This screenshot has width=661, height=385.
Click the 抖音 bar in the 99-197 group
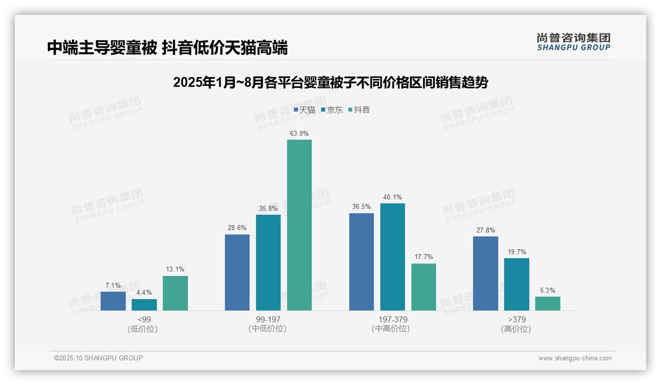click(299, 225)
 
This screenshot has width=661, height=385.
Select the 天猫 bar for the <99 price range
click(113, 301)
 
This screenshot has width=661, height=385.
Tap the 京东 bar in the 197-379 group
click(393, 257)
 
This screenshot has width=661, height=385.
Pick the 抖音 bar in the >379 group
click(548, 304)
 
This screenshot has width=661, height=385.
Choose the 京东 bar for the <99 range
click(144, 305)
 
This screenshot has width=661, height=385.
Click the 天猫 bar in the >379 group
click(485, 273)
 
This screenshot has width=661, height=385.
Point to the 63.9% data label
click(299, 133)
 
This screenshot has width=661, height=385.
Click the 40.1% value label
click(393, 197)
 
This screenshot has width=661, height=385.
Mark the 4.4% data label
click(144, 293)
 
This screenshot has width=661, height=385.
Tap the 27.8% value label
click(485, 231)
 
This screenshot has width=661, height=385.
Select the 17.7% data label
click(424, 257)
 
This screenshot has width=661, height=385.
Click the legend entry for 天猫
click(304, 110)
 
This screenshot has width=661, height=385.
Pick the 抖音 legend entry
click(359, 110)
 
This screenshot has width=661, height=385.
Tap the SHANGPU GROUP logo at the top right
click(574, 42)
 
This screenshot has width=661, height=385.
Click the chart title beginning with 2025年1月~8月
click(330, 82)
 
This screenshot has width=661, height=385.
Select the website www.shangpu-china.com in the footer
click(575, 358)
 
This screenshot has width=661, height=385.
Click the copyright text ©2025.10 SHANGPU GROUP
click(99, 358)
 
